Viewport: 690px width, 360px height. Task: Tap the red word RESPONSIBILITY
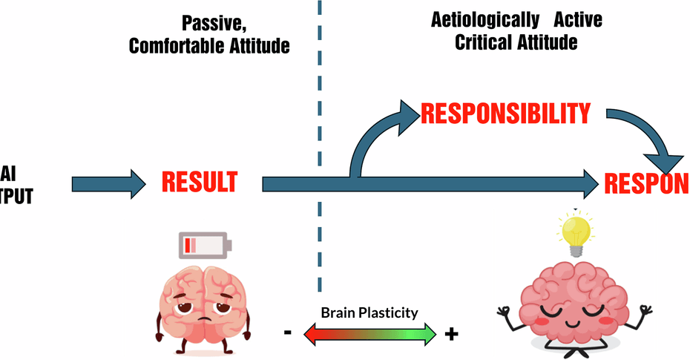pos(505,113)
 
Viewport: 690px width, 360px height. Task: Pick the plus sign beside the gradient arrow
pos(450,334)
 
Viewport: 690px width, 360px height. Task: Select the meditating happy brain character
pos(571,304)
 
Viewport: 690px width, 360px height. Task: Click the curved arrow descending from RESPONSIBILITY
pos(653,141)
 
